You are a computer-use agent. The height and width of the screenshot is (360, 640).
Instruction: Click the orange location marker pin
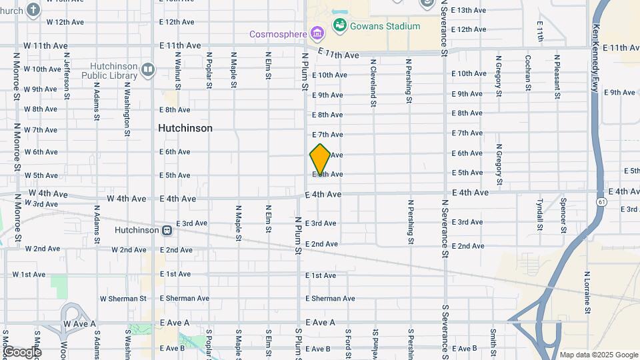pyautogui.click(x=320, y=159)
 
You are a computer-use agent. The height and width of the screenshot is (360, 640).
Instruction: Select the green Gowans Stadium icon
pyautogui.click(x=340, y=25)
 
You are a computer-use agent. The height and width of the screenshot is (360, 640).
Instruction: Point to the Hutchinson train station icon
pyautogui.click(x=167, y=230)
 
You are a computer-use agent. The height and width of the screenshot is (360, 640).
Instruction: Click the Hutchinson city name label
pyautogui.click(x=185, y=128)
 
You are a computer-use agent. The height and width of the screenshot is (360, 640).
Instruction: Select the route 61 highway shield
pyautogui.click(x=602, y=201)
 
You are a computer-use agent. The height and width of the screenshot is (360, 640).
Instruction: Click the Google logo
pyautogui.click(x=21, y=351)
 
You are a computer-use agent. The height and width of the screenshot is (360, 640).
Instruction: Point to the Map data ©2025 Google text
pyautogui.click(x=598, y=355)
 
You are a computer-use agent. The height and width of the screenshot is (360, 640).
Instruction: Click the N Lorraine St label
pyautogui.click(x=587, y=293)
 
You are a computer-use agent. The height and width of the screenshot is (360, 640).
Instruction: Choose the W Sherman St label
pyautogui.click(x=123, y=299)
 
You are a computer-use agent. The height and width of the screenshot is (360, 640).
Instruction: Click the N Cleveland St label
pyautogui.click(x=373, y=82)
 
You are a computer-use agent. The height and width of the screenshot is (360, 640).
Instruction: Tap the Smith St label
pyautogui.click(x=493, y=341)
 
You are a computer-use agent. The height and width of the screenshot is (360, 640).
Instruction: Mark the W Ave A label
pyautogui.click(x=80, y=323)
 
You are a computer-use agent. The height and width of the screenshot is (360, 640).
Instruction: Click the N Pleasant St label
pyautogui.click(x=556, y=77)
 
